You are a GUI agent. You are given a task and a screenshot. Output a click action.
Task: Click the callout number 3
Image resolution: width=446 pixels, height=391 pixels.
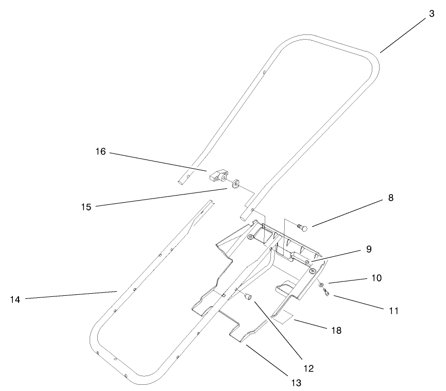tap(431, 15)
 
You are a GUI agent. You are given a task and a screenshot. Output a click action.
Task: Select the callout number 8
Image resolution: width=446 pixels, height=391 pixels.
tap(391, 198)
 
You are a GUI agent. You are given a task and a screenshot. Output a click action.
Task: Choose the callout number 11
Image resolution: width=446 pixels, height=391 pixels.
tap(394, 311)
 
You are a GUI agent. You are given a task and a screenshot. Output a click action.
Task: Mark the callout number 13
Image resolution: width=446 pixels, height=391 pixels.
tap(295, 382)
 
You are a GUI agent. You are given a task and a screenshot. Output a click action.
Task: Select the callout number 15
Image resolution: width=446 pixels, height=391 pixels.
tap(85, 207)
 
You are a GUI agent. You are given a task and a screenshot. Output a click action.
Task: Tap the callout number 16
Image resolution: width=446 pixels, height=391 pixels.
tap(100, 152)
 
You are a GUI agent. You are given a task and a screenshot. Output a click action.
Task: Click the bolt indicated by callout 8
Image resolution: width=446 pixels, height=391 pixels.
tap(302, 225)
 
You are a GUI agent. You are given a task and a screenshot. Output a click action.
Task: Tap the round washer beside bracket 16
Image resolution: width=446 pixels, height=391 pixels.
tap(236, 183)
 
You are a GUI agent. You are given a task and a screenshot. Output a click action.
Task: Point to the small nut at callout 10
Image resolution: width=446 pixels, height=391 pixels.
tap(321, 285)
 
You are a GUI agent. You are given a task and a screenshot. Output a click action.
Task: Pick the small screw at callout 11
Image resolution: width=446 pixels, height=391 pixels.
tap(325, 293)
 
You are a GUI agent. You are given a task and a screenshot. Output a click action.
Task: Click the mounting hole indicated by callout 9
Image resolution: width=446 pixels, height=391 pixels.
tap(307, 262)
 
